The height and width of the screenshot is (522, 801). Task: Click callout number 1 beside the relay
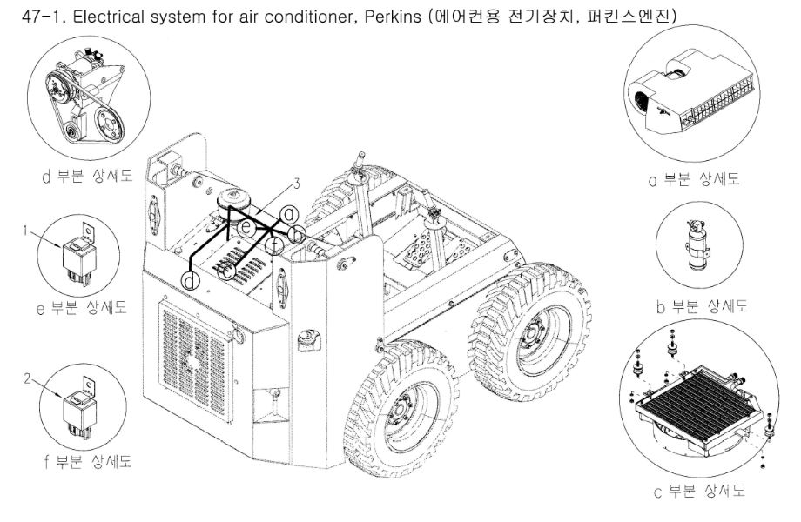click(x=28, y=230)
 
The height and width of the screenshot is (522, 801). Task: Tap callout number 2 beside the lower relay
click(x=28, y=378)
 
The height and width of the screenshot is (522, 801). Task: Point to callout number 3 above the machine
click(x=296, y=184)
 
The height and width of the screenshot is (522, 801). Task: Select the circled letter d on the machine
click(x=191, y=280)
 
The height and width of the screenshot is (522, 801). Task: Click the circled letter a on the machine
click(x=290, y=213)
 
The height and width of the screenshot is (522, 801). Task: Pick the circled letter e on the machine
click(x=246, y=228)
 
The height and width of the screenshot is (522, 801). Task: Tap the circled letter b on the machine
click(x=296, y=232)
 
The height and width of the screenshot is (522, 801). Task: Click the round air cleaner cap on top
click(x=232, y=196)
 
